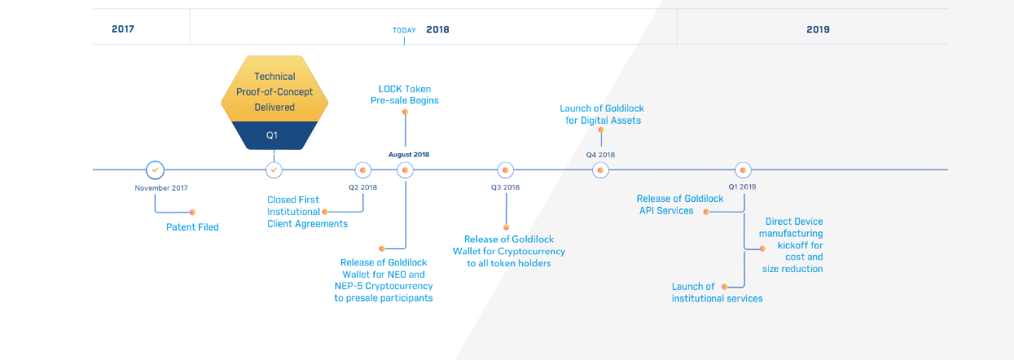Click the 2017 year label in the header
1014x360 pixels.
pyautogui.click(x=123, y=29)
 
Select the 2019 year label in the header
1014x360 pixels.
pyautogui.click(x=818, y=29)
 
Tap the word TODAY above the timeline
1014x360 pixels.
pyautogui.click(x=404, y=30)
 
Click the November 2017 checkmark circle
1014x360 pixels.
pyautogui.click(x=155, y=170)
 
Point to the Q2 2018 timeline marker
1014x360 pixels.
pyautogui.click(x=363, y=170)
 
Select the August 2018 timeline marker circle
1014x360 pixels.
pyautogui.click(x=405, y=170)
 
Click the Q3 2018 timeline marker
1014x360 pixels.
pyautogui.click(x=506, y=170)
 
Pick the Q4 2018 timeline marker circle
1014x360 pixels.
pyautogui.click(x=600, y=170)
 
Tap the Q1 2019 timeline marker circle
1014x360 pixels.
pyautogui.click(x=743, y=170)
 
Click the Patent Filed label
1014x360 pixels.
pyautogui.click(x=192, y=227)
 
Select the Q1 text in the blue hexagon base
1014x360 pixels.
pyautogui.click(x=274, y=135)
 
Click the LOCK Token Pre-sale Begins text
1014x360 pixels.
pyautogui.click(x=405, y=94)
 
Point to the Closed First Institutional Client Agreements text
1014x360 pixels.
pyautogui.click(x=307, y=212)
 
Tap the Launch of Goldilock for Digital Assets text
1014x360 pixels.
pyautogui.click(x=601, y=114)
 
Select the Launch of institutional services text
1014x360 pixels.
pyautogui.click(x=717, y=292)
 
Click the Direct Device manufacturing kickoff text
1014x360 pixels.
pyautogui.click(x=791, y=244)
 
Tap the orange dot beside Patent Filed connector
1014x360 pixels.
pyautogui.click(x=192, y=212)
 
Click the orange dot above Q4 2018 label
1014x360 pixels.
pyautogui.click(x=601, y=130)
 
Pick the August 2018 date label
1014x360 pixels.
pyautogui.click(x=409, y=154)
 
